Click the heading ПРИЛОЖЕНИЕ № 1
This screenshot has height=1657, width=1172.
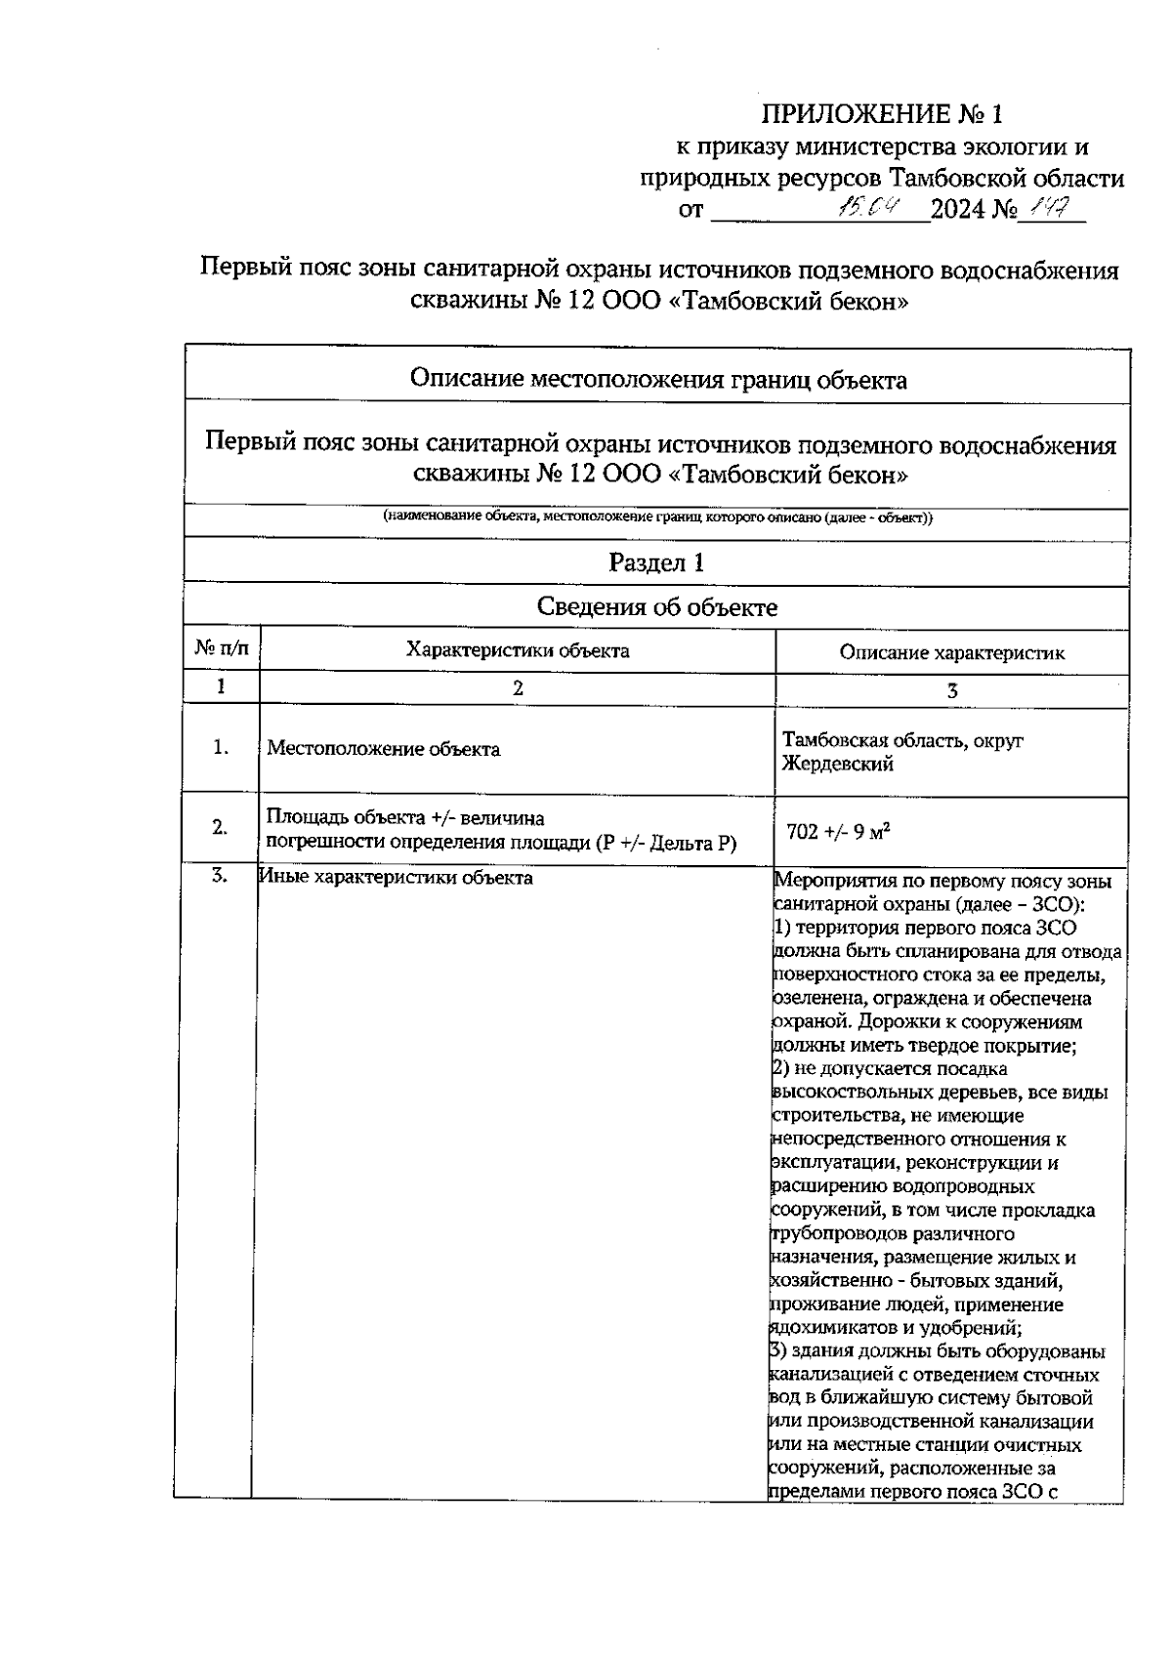(882, 115)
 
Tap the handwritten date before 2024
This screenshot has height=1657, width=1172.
(872, 208)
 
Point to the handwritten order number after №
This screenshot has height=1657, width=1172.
(1054, 207)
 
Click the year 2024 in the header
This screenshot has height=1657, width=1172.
(959, 210)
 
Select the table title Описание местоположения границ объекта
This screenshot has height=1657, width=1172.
(657, 380)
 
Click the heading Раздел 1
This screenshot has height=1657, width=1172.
(656, 562)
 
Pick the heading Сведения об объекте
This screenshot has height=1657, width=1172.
(657, 607)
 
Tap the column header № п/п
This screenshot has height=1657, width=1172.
(222, 649)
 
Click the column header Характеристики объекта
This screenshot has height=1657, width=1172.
(518, 650)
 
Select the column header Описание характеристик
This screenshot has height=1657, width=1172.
(951, 653)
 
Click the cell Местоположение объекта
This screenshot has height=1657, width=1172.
(384, 749)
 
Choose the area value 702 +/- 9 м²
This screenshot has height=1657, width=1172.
(838, 832)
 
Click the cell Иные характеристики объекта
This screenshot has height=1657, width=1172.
(397, 878)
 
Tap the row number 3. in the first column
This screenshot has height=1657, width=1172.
(221, 876)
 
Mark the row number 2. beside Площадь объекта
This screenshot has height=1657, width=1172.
(221, 827)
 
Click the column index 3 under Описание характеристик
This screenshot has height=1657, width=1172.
(952, 690)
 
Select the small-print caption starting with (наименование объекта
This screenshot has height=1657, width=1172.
(657, 518)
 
